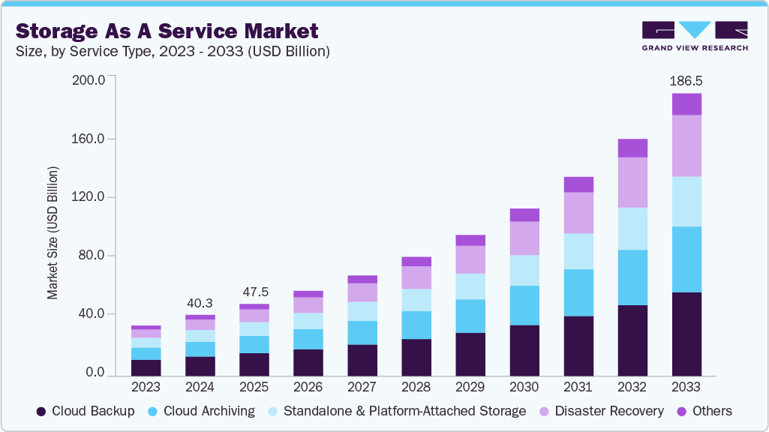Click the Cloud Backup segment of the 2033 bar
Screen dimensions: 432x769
click(686, 334)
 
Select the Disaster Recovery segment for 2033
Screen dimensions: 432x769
click(686, 145)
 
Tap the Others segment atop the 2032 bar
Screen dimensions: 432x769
click(632, 148)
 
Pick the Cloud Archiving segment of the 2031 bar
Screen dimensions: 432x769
click(578, 292)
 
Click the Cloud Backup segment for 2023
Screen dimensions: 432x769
click(146, 367)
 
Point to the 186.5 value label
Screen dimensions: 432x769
click(686, 81)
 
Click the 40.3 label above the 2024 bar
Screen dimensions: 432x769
click(200, 303)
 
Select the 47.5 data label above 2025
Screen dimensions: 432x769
click(254, 292)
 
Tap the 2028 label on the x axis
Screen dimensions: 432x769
click(416, 388)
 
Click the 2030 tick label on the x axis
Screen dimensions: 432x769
click(524, 388)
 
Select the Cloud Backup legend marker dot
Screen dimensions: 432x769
click(41, 411)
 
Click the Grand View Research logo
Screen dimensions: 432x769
click(695, 36)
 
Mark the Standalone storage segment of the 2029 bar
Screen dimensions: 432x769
click(470, 286)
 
